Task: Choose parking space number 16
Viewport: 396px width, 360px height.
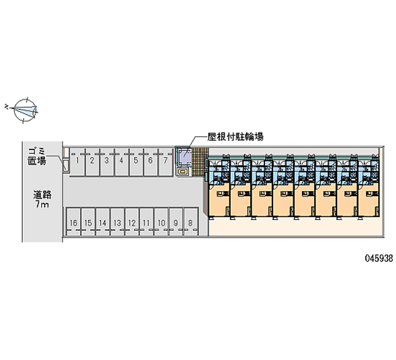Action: (73, 223)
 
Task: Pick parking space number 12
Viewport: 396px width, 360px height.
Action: (132, 223)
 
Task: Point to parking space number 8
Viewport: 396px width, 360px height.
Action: (190, 223)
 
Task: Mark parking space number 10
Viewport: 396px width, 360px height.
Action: (161, 223)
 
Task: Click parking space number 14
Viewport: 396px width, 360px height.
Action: (102, 223)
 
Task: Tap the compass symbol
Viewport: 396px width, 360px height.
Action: (25, 109)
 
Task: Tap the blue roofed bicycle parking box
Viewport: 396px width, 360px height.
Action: (186, 156)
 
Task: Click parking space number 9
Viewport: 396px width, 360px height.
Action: (176, 223)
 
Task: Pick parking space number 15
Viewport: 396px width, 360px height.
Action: (88, 223)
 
